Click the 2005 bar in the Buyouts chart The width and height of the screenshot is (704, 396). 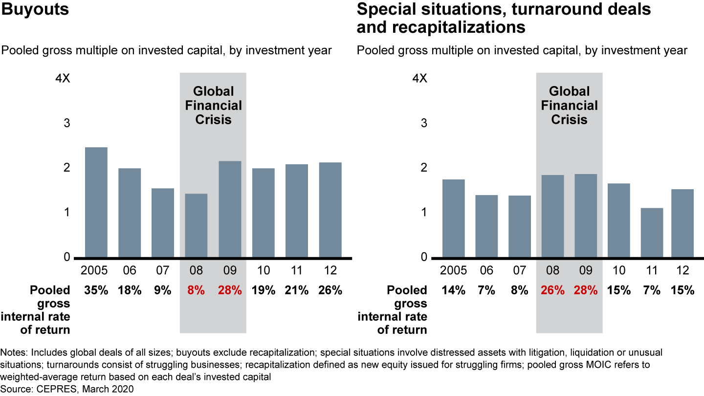click(x=96, y=202)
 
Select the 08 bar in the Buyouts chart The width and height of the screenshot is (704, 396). click(x=196, y=225)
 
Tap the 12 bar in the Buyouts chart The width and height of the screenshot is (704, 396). click(x=330, y=210)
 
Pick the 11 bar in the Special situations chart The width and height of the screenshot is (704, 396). click(x=652, y=233)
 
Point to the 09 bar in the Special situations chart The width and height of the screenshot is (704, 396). click(x=585, y=216)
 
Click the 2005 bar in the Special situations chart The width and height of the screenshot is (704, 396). click(x=453, y=218)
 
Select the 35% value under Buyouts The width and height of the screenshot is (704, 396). click(x=96, y=290)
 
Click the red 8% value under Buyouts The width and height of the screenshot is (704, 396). click(x=196, y=290)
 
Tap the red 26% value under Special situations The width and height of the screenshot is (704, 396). click(x=552, y=290)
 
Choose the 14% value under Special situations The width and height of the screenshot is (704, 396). click(x=453, y=290)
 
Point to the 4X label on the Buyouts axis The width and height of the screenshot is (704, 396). click(x=64, y=79)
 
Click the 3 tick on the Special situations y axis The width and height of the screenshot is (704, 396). click(x=423, y=123)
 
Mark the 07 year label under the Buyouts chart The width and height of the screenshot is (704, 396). click(x=163, y=270)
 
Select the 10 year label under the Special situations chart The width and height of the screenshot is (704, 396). click(x=618, y=270)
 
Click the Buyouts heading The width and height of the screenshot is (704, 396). click(x=34, y=10)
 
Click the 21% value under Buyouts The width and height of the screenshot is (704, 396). click(x=297, y=290)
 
